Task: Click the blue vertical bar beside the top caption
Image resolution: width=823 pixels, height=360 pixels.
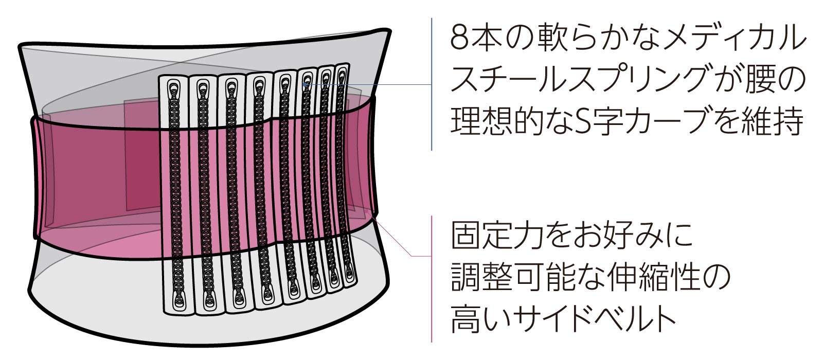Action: point(432,84)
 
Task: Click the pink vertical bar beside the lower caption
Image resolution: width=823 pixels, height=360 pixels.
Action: point(432,279)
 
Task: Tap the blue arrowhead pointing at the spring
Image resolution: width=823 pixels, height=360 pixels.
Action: point(305,84)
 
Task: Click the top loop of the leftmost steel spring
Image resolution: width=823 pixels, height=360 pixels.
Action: point(173,87)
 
